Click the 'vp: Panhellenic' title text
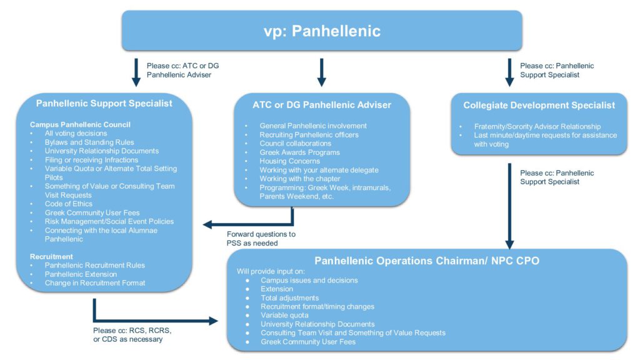(x=322, y=31)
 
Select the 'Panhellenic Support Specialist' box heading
(x=104, y=103)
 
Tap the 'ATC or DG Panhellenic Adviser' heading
(x=322, y=105)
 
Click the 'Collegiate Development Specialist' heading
(x=539, y=105)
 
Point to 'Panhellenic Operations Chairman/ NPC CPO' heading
(x=427, y=261)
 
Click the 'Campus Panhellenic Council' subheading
(x=80, y=124)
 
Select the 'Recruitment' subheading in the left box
(x=51, y=256)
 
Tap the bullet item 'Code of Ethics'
(x=69, y=204)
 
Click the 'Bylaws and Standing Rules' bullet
(x=89, y=142)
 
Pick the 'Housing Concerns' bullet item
(x=290, y=161)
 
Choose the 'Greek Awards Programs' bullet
(x=299, y=152)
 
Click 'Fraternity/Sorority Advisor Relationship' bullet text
(x=537, y=126)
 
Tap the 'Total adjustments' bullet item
(x=290, y=298)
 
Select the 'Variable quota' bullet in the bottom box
(x=284, y=315)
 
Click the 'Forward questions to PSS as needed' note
(x=261, y=239)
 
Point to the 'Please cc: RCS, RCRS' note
(x=132, y=331)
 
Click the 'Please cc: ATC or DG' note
(x=183, y=66)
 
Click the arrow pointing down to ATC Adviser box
(x=322, y=72)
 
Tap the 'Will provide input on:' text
(x=271, y=271)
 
